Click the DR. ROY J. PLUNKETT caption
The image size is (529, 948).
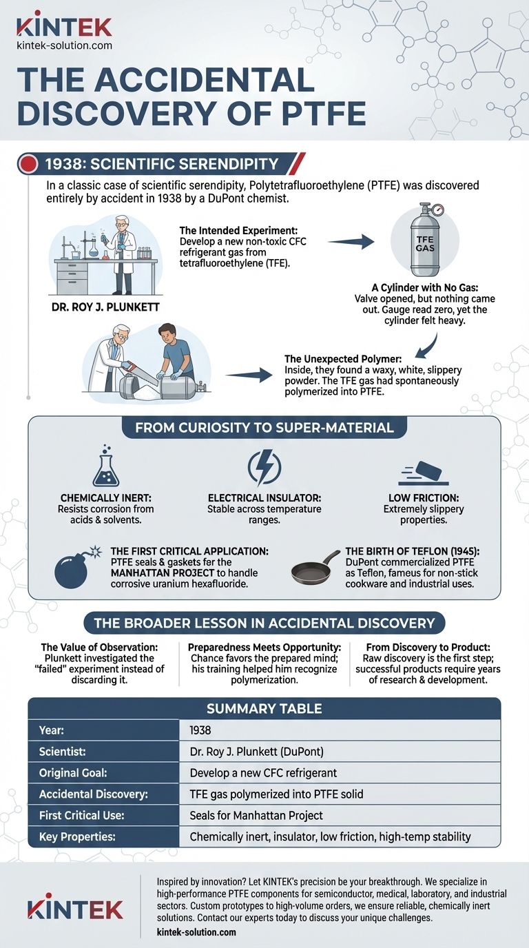105,307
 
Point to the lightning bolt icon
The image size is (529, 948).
264,467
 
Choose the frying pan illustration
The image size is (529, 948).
316,567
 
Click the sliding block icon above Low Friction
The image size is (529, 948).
423,473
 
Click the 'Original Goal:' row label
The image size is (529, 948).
73,773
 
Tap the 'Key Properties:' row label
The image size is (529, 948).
77,836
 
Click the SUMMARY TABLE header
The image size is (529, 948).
264,708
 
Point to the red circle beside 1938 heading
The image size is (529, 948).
30,163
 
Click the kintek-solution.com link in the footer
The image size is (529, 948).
196,932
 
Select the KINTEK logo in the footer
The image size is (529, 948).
75,909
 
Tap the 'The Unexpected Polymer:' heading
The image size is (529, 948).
343,359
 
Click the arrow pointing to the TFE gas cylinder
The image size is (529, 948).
351,242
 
